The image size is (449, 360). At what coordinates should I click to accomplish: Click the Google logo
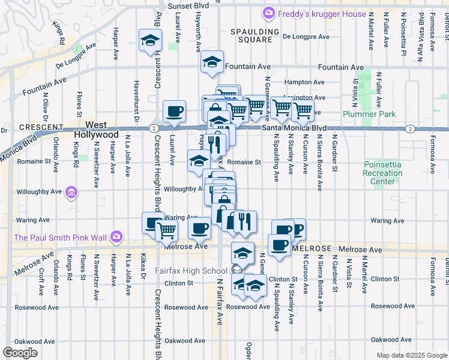(x=20, y=353)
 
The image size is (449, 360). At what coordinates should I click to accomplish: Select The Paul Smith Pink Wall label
(x=60, y=238)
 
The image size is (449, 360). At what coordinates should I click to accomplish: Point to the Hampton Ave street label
(x=304, y=82)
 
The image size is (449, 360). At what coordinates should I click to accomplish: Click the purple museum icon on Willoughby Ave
(x=71, y=193)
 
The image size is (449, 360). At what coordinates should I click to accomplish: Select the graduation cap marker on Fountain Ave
(x=212, y=61)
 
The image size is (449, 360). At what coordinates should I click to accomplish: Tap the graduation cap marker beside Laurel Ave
(x=150, y=40)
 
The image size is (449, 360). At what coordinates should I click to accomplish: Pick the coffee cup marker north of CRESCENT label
(x=174, y=110)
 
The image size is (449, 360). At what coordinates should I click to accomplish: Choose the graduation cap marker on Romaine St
(x=198, y=160)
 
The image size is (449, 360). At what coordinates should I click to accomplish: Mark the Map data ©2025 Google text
(x=411, y=355)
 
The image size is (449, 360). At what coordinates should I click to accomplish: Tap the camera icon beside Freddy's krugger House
(x=269, y=13)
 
